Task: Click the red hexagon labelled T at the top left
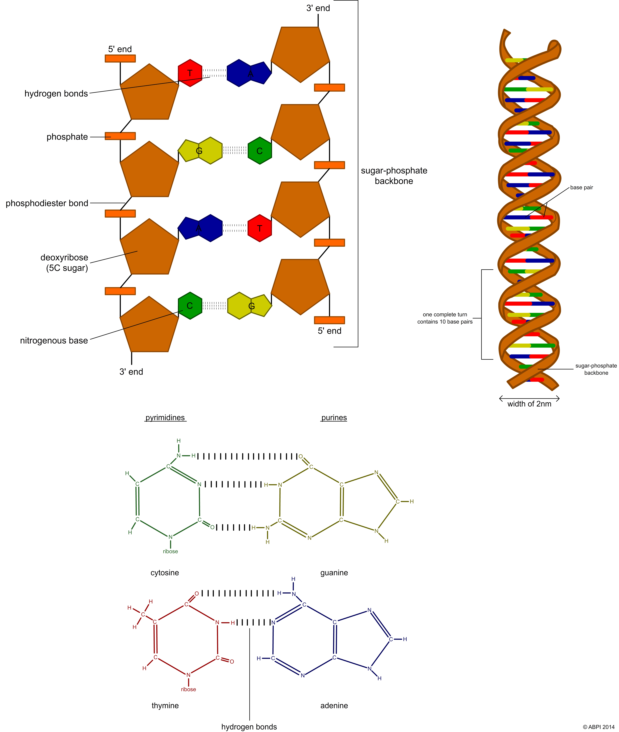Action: point(190,73)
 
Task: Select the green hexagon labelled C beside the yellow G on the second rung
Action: point(260,151)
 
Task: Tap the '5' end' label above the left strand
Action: point(120,49)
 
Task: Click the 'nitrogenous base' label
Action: point(54,340)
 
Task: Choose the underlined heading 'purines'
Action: point(334,418)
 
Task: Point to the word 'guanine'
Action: point(334,572)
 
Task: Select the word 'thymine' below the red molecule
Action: point(165,705)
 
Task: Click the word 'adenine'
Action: point(334,705)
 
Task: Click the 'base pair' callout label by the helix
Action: point(581,188)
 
